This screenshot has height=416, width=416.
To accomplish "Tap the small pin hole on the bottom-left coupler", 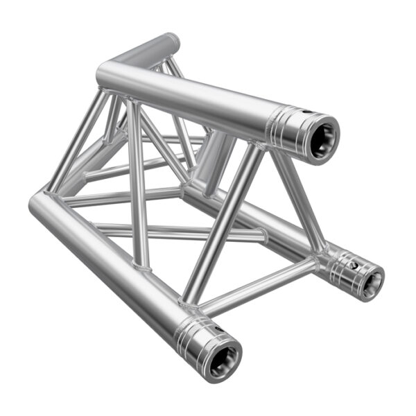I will [209, 325].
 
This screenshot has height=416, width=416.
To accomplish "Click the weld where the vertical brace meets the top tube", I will [132, 104].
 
